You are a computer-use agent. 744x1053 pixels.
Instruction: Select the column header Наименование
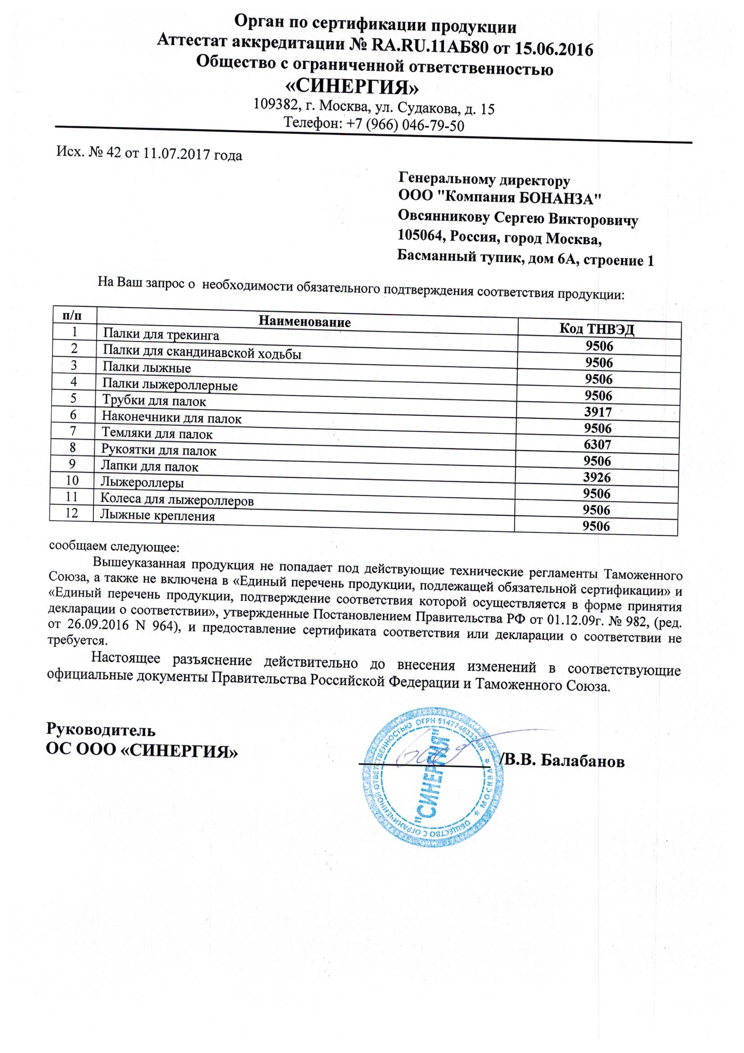pyautogui.click(x=305, y=321)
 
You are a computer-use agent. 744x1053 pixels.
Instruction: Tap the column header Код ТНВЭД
pyautogui.click(x=597, y=328)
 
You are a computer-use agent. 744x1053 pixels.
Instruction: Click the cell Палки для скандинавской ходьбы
pyautogui.click(x=202, y=353)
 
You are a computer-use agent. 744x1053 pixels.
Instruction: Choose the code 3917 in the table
pyautogui.click(x=598, y=412)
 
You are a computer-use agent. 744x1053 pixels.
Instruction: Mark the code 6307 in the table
pyautogui.click(x=598, y=445)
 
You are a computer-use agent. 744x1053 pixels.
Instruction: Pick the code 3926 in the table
pyautogui.click(x=597, y=477)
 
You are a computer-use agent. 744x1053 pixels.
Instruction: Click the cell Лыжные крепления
pyautogui.click(x=158, y=517)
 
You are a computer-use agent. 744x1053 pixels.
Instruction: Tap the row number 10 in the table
pyautogui.click(x=73, y=480)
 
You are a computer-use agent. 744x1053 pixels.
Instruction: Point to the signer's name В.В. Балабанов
pyautogui.click(x=564, y=761)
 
